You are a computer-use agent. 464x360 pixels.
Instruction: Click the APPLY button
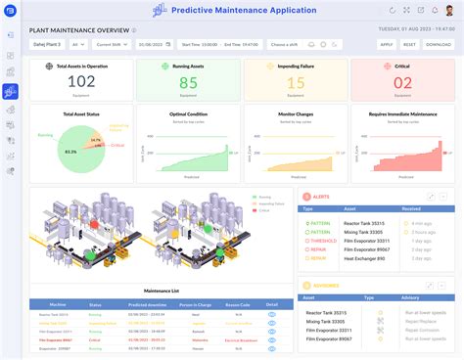(x=386, y=44)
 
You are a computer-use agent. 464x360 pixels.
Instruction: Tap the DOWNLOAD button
(x=439, y=44)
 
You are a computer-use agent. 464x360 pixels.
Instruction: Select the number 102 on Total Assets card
(x=81, y=83)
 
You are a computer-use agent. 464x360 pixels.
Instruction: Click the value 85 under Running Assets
(x=189, y=83)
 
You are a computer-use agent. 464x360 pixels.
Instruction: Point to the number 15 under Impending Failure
(x=295, y=83)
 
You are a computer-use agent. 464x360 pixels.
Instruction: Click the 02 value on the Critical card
(x=401, y=83)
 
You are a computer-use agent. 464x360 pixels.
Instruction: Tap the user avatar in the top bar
(x=448, y=11)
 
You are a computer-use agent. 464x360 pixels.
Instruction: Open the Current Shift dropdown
(x=111, y=44)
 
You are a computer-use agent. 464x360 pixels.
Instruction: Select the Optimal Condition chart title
(x=188, y=114)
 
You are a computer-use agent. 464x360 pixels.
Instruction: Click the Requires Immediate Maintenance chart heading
(x=402, y=114)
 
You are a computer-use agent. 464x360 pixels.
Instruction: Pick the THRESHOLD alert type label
(x=322, y=241)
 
